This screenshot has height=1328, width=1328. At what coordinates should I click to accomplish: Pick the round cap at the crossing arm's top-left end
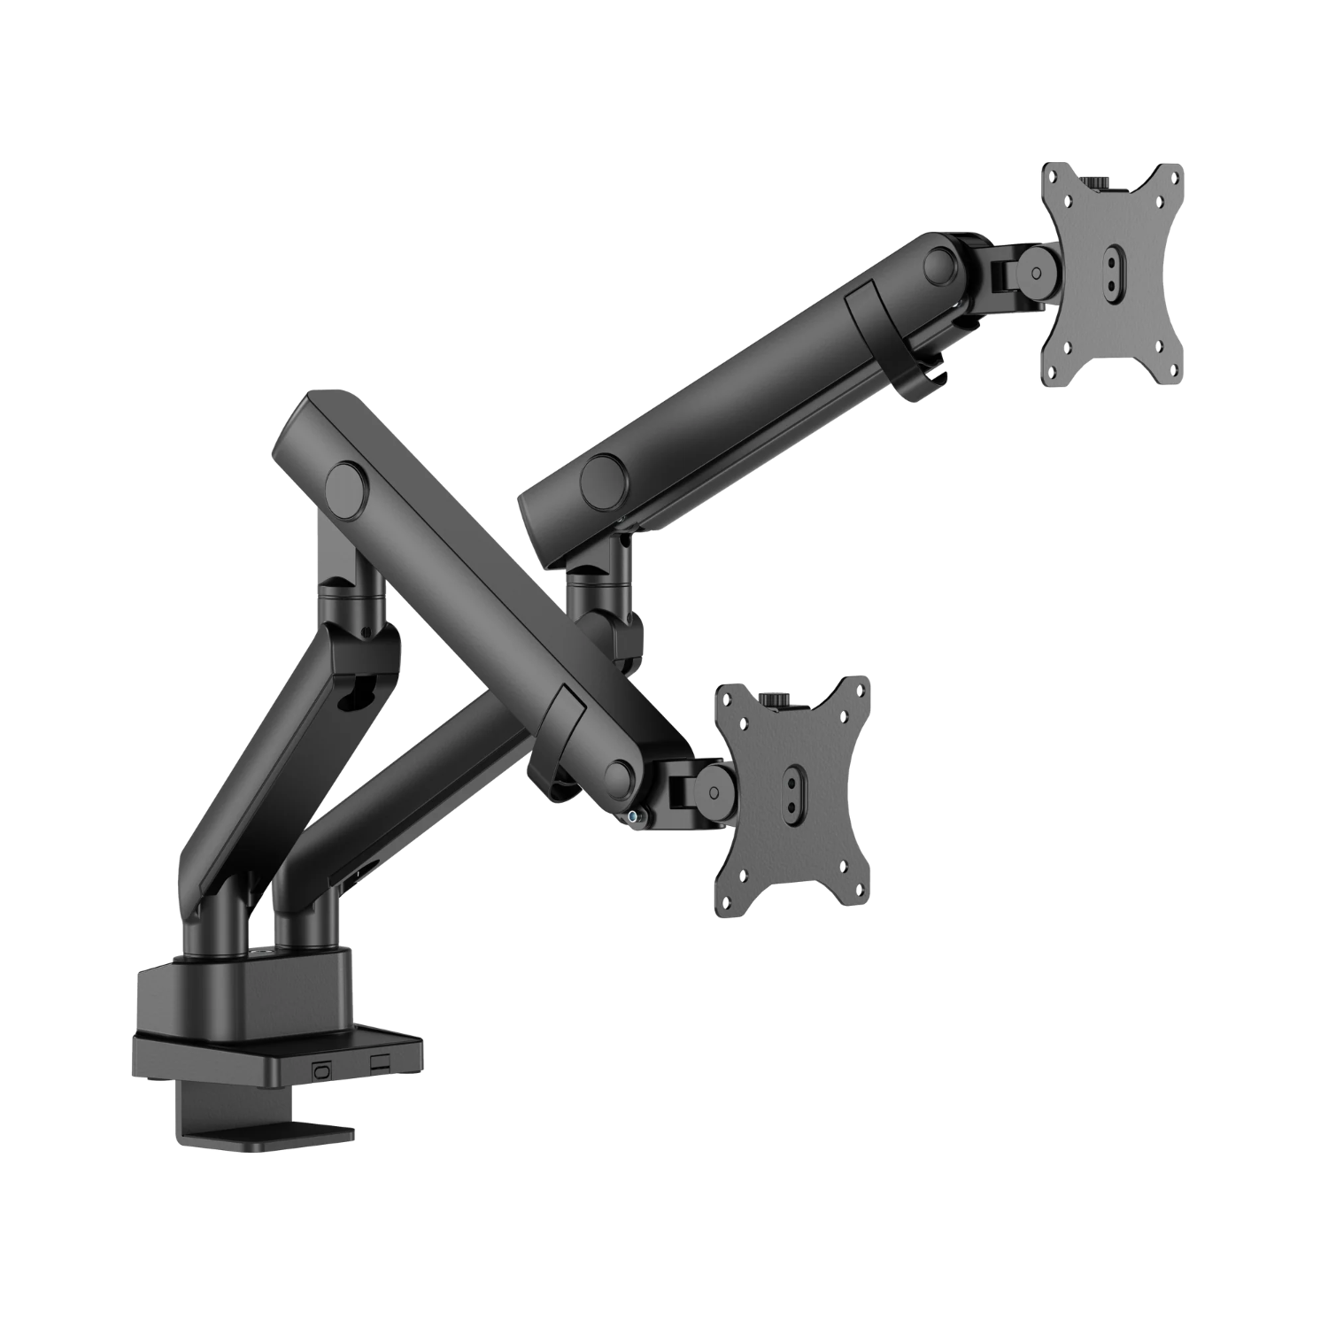[345, 484]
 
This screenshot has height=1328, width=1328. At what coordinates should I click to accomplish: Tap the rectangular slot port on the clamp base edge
[379, 1062]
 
